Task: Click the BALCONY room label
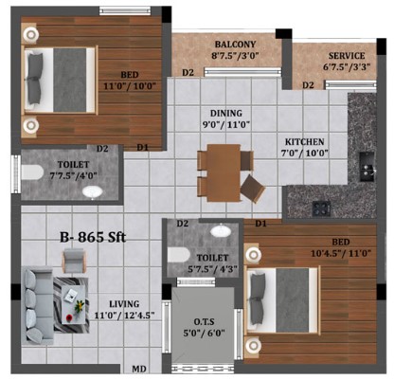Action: (x=235, y=44)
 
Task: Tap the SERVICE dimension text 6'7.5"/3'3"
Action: (x=347, y=66)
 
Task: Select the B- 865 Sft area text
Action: (x=93, y=237)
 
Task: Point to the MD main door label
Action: (x=139, y=369)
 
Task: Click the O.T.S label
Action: (x=204, y=322)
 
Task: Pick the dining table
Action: (x=224, y=172)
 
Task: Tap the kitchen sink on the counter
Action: (x=367, y=167)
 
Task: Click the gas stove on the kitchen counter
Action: (x=321, y=208)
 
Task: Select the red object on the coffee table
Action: (x=69, y=317)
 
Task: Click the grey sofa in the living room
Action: (x=37, y=306)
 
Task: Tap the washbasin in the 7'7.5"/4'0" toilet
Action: (x=93, y=191)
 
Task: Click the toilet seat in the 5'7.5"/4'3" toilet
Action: (x=178, y=255)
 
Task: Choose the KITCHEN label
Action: (x=304, y=142)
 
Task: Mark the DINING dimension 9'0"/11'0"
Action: (x=226, y=124)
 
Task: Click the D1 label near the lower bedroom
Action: (x=260, y=224)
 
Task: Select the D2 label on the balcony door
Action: (x=188, y=73)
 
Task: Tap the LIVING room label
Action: (x=124, y=304)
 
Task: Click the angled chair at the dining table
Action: (x=253, y=189)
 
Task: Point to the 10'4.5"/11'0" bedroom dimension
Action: (x=341, y=254)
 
